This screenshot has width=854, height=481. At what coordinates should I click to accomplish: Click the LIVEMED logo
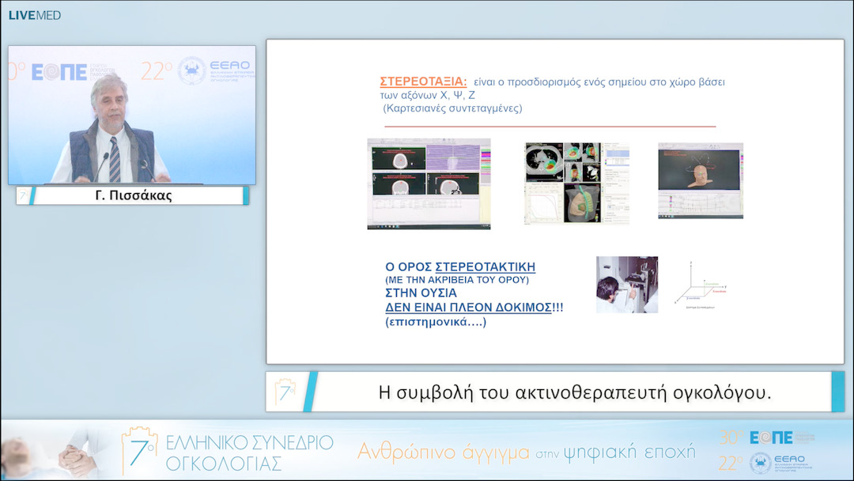click(x=34, y=15)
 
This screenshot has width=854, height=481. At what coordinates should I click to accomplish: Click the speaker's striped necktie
click(x=115, y=158)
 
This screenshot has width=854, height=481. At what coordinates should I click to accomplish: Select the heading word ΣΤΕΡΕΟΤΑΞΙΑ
click(x=423, y=81)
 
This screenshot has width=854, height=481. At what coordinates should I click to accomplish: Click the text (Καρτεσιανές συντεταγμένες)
click(x=452, y=108)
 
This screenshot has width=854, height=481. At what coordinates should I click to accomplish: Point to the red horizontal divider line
click(x=550, y=126)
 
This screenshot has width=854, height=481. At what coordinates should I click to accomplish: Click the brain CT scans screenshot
click(x=429, y=184)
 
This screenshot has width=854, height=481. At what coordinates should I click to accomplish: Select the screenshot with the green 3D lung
click(x=576, y=184)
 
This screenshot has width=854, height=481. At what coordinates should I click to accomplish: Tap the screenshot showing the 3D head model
click(x=700, y=180)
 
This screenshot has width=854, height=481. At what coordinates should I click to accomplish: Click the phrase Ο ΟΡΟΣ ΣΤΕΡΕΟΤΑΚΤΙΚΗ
click(x=459, y=267)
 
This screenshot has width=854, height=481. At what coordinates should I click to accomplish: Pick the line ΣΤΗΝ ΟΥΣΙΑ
click(x=421, y=293)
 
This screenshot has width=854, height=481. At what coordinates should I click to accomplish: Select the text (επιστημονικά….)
click(x=436, y=322)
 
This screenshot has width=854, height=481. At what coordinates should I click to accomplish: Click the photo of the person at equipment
click(x=626, y=284)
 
